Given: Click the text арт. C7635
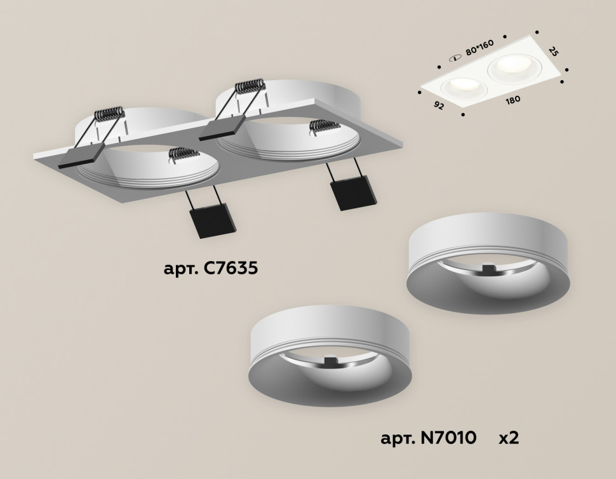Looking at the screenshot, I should [210, 269].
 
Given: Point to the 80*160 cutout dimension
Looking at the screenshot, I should [480, 51].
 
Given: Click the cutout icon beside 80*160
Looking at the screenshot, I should [455, 58].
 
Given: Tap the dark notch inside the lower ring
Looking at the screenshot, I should [331, 362].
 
